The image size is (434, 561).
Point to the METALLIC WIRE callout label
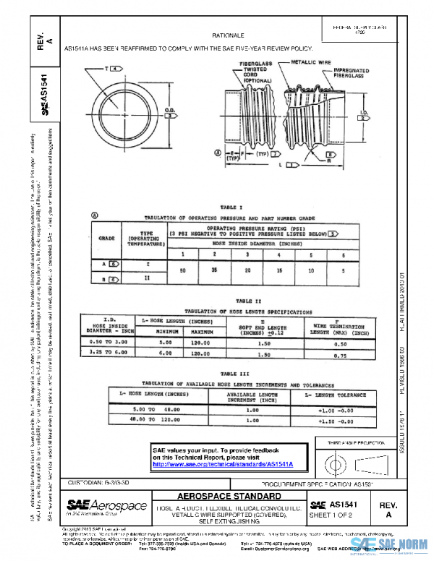pyautogui.click(x=306, y=63)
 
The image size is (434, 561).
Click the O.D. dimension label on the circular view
pyautogui.click(x=170, y=111)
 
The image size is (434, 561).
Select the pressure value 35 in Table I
pyautogui.click(x=216, y=270)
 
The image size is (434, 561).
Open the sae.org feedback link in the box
pyautogui.click(x=228, y=463)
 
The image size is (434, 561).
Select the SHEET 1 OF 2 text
pyautogui.click(x=333, y=514)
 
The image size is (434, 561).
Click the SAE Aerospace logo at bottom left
pyautogui.click(x=107, y=505)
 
